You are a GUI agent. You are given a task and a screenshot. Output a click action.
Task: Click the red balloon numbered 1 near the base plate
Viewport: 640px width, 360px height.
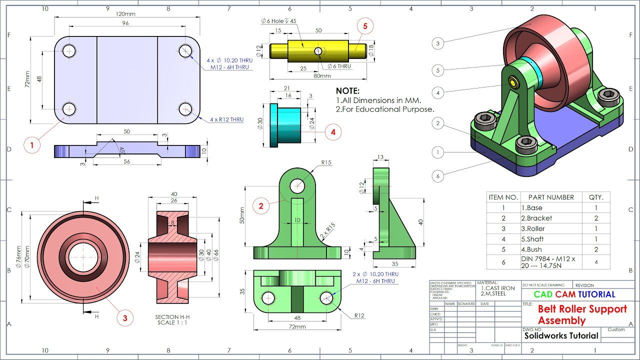[31, 145]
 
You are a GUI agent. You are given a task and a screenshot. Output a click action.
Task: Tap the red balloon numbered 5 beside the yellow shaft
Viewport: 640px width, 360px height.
[365, 27]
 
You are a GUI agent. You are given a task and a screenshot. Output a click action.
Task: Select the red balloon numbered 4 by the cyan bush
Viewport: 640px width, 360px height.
[333, 132]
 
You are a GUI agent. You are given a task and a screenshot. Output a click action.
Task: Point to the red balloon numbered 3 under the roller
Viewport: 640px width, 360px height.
[125, 317]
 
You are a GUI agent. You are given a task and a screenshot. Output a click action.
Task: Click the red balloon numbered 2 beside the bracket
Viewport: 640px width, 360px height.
[261, 205]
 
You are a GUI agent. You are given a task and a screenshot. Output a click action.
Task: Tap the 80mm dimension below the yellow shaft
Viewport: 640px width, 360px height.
[322, 76]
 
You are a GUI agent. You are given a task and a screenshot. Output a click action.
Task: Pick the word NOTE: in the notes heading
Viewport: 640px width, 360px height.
[347, 91]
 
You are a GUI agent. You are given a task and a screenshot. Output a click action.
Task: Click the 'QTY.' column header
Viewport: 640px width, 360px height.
[596, 197]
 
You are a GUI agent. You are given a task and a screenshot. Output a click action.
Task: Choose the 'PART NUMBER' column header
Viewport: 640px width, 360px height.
[551, 197]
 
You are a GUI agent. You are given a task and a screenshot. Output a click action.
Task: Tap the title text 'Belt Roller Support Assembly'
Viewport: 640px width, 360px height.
[582, 314]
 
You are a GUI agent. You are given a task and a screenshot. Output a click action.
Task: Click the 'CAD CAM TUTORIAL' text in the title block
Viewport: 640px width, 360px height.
[574, 294]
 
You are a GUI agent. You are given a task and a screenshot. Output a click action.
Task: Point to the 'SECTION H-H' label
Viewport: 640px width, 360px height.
[172, 317]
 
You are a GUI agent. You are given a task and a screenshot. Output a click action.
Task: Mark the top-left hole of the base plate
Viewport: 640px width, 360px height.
[69, 50]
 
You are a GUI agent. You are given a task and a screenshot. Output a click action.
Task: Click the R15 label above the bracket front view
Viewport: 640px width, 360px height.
[326, 162]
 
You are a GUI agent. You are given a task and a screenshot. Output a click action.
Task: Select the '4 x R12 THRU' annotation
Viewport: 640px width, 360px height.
[226, 120]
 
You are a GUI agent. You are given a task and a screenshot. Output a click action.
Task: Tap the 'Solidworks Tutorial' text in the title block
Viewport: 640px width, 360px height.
[561, 336]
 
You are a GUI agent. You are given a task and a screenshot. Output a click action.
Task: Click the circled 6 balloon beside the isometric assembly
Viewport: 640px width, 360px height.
[438, 176]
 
